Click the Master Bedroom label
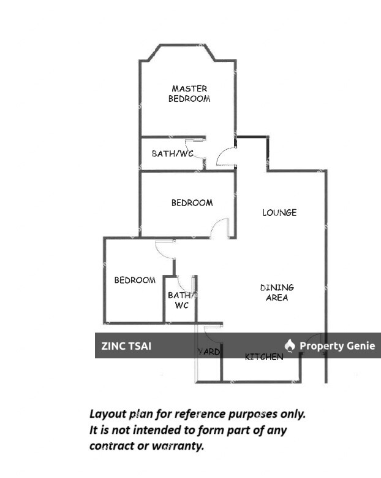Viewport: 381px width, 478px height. click(189, 93)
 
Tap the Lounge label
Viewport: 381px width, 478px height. click(279, 213)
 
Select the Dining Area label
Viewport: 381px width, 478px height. click(277, 292)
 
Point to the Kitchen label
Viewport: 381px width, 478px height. click(264, 357)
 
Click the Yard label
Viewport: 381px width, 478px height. click(208, 352)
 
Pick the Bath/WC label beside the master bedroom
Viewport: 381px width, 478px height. click(172, 153)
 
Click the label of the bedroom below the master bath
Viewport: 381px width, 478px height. click(192, 202)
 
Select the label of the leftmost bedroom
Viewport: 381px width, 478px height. click(135, 280)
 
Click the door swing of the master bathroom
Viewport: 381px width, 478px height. click(197, 147)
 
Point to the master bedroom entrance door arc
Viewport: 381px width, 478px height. click(225, 158)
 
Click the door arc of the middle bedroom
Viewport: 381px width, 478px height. click(219, 229)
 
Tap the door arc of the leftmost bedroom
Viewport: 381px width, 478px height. click(165, 249)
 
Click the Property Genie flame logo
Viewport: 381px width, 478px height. click(290, 345)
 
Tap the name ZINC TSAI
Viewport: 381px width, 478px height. click(126, 346)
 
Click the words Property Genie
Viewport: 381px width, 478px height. click(337, 346)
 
